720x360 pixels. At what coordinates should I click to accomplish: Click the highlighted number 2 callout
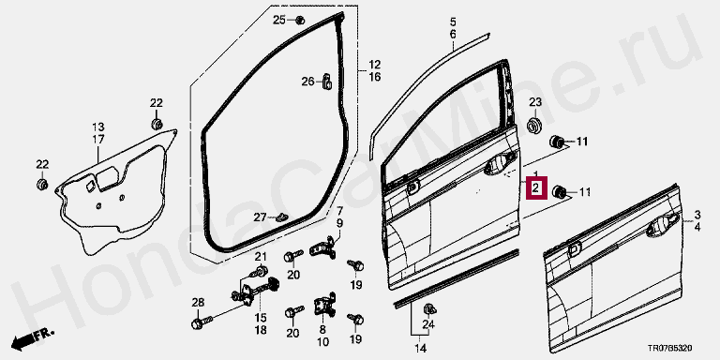pos(537,188)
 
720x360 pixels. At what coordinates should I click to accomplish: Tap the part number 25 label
pos(279,20)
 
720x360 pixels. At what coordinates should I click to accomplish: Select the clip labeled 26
pos(327,81)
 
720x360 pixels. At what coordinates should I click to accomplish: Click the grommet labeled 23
pos(535,126)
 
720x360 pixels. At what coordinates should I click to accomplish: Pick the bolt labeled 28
pos(202,322)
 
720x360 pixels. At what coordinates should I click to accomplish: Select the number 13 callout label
pos(98,127)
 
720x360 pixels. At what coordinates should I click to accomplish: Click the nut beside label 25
pos(300,20)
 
